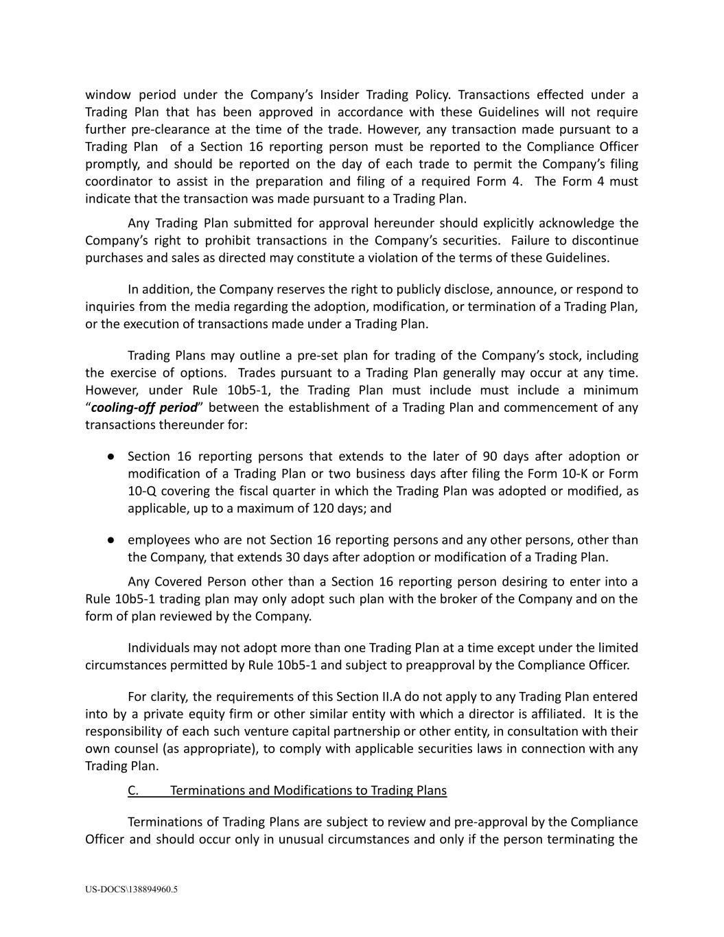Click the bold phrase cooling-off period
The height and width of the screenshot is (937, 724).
click(x=144, y=407)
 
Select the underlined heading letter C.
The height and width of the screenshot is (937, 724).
click(x=132, y=790)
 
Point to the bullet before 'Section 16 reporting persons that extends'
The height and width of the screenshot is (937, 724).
click(x=110, y=456)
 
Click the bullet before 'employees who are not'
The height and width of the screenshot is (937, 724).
click(x=110, y=540)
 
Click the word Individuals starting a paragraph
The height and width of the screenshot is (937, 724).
click(x=159, y=648)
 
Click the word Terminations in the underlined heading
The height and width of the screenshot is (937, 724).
click(x=207, y=790)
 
